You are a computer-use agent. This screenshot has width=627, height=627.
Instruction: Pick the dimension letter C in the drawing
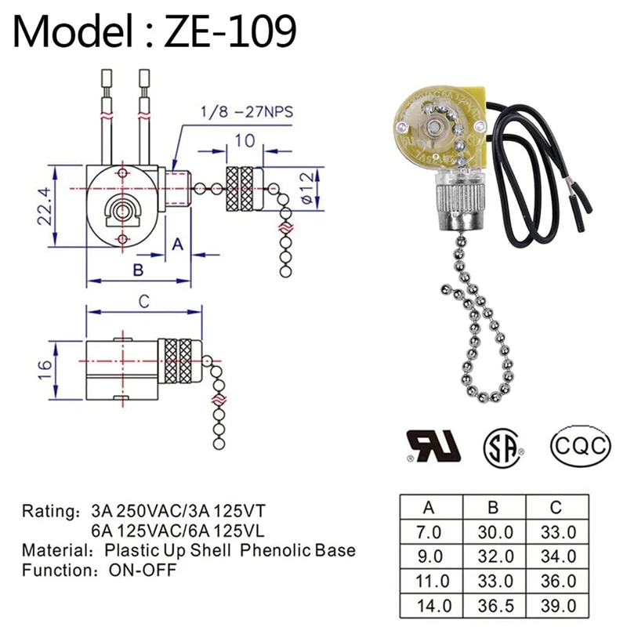click(x=144, y=300)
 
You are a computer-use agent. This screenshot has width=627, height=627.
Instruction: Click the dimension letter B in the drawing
click(x=136, y=270)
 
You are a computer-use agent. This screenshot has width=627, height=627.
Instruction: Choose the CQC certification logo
click(x=580, y=446)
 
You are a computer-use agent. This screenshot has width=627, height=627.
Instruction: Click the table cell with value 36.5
click(x=494, y=605)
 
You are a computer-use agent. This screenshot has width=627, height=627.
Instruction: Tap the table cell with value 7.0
click(x=430, y=531)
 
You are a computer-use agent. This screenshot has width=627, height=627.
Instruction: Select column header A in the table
click(x=430, y=507)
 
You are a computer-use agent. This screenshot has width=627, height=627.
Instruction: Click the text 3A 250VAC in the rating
click(x=129, y=511)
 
